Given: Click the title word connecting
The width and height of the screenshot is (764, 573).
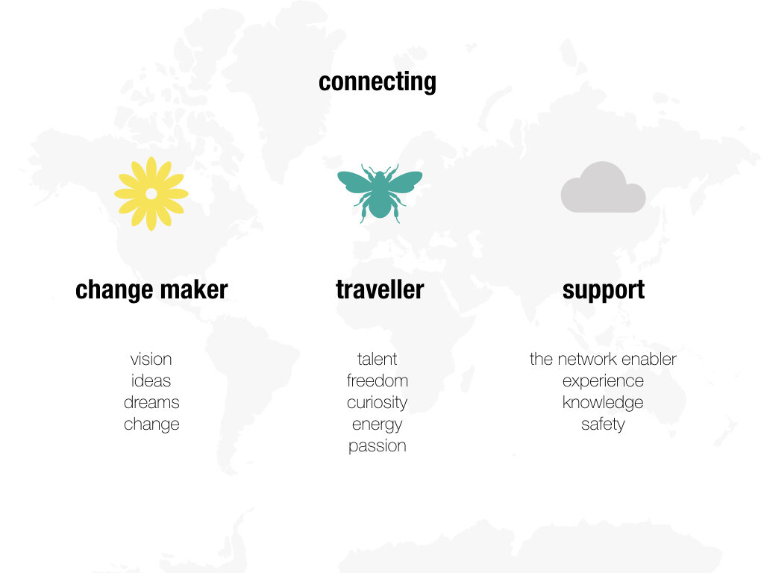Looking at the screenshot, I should click(377, 81).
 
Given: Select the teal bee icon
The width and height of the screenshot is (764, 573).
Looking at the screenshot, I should click(379, 192).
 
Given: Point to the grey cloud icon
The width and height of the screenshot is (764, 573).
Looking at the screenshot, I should click(603, 189).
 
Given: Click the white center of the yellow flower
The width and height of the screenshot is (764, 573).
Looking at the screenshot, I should click(151, 193).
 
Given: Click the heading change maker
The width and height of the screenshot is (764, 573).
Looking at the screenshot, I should click(151, 289).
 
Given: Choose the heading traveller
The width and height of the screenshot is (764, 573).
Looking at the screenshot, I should click(379, 289).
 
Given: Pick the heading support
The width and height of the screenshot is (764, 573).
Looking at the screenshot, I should click(603, 289).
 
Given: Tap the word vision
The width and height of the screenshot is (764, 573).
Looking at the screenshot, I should click(151, 359).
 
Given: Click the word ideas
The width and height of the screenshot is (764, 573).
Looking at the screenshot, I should click(151, 381).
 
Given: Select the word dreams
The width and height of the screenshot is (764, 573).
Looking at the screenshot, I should click(151, 402).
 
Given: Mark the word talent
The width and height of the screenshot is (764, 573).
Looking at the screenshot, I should click(378, 359).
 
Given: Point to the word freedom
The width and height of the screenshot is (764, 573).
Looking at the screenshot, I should click(378, 381).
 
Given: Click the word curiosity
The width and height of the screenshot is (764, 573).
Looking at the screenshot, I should click(378, 403).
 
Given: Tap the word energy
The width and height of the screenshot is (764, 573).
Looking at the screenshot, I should click(378, 425).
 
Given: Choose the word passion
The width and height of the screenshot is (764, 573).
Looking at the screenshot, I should click(378, 446).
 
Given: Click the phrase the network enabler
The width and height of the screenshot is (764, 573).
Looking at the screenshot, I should click(603, 359).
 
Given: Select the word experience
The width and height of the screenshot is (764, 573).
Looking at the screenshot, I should click(603, 381).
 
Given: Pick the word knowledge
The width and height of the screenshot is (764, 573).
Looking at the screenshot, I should click(603, 403).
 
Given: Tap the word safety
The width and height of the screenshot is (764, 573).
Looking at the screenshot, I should click(603, 425).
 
